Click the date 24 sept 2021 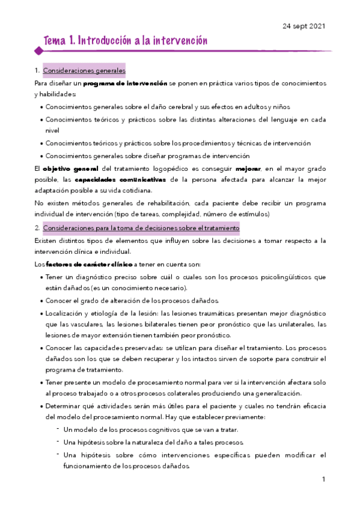(x=304, y=25)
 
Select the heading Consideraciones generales (x=84, y=70)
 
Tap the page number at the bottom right (x=323, y=479)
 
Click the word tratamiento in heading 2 (x=219, y=229)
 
